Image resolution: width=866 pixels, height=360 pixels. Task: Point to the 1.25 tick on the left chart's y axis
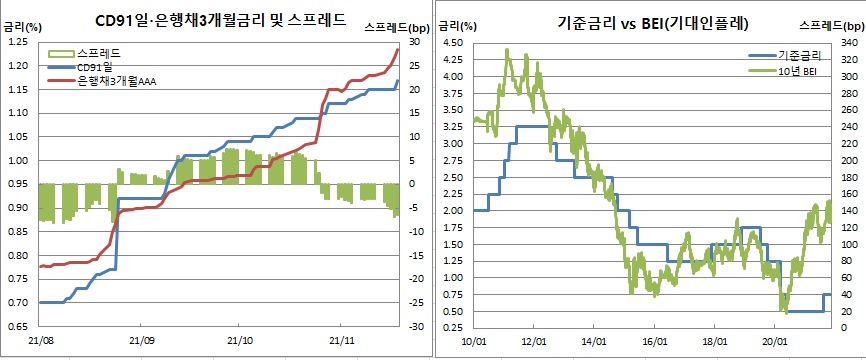point(17,42)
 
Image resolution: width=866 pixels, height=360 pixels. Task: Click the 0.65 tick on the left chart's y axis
point(17,327)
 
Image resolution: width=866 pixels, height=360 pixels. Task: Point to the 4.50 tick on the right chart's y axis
point(452,43)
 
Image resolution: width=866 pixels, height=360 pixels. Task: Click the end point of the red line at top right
point(399,49)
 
